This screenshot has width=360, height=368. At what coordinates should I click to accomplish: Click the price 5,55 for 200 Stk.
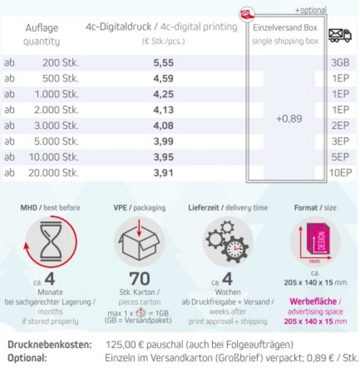tap(163, 63)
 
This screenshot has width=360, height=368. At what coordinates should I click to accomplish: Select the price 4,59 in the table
tap(163, 79)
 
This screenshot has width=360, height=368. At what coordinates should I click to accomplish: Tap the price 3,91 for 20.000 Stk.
tap(163, 173)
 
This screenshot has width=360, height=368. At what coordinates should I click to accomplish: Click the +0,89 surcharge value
tap(289, 119)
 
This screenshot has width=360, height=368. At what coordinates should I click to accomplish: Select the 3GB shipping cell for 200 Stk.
tap(340, 63)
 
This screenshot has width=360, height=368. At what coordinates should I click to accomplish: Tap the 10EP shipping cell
tap(339, 173)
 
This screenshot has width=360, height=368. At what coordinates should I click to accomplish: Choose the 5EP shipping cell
tap(340, 157)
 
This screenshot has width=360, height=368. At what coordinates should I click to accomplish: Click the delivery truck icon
tap(340, 35)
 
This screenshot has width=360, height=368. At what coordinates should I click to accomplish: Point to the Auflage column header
tap(41, 28)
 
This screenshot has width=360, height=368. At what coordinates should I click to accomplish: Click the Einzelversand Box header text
tap(285, 28)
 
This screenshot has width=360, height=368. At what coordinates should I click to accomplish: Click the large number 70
tap(140, 279)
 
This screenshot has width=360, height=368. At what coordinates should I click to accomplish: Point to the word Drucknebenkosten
tap(50, 345)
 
